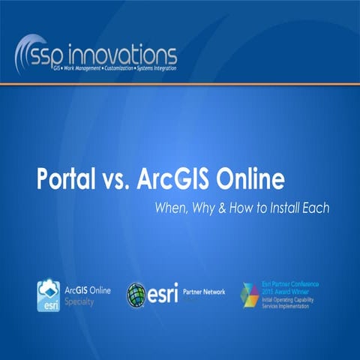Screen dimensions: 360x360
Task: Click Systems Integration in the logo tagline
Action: (x=154, y=68)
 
